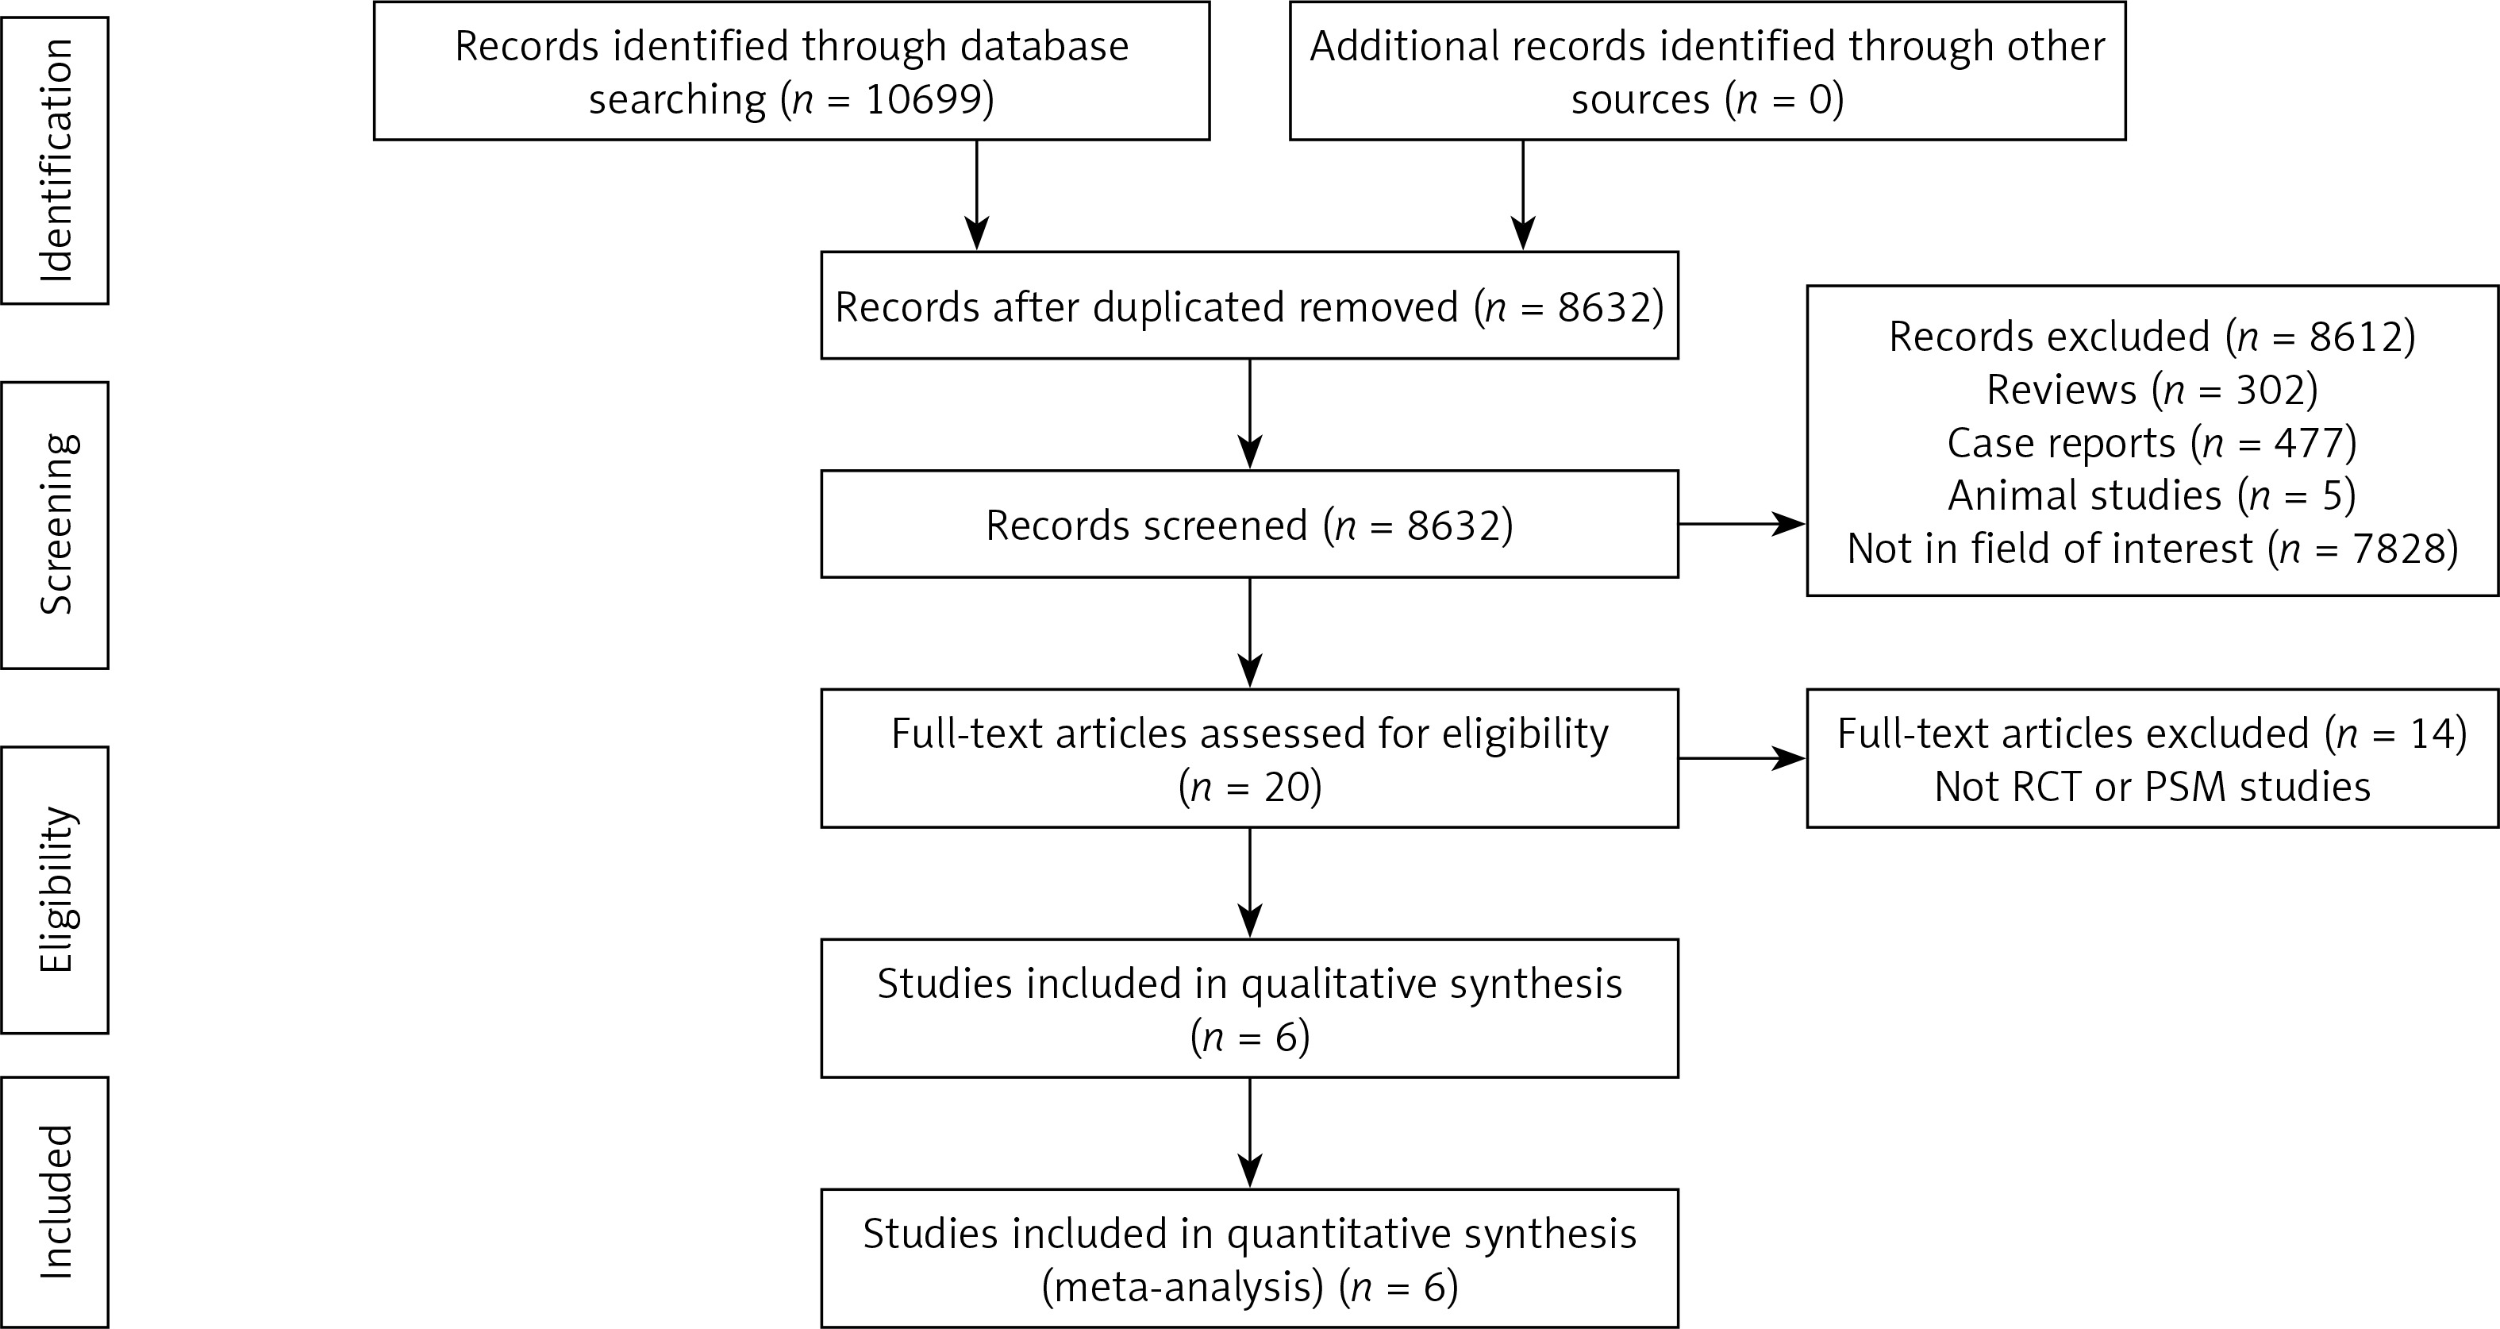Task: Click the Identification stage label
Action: [56, 160]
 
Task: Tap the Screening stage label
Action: [56, 524]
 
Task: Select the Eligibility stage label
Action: [56, 889]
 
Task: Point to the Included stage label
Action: [56, 1202]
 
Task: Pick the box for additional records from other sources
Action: [1707, 71]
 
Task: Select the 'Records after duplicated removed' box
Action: [1249, 306]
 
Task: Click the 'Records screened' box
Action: [1249, 524]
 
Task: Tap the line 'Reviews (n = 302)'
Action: [2152, 389]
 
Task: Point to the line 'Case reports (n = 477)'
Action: [2152, 443]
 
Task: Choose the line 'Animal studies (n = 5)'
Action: [2152, 495]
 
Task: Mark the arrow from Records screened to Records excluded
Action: [1742, 524]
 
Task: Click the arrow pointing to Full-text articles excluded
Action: [1742, 758]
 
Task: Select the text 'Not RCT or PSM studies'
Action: [2152, 785]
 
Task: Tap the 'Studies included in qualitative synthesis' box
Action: [1249, 1007]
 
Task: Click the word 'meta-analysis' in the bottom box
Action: [1182, 1286]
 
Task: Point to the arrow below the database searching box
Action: [976, 195]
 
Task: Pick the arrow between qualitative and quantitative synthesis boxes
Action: [1250, 1133]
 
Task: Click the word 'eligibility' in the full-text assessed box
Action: [1525, 733]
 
